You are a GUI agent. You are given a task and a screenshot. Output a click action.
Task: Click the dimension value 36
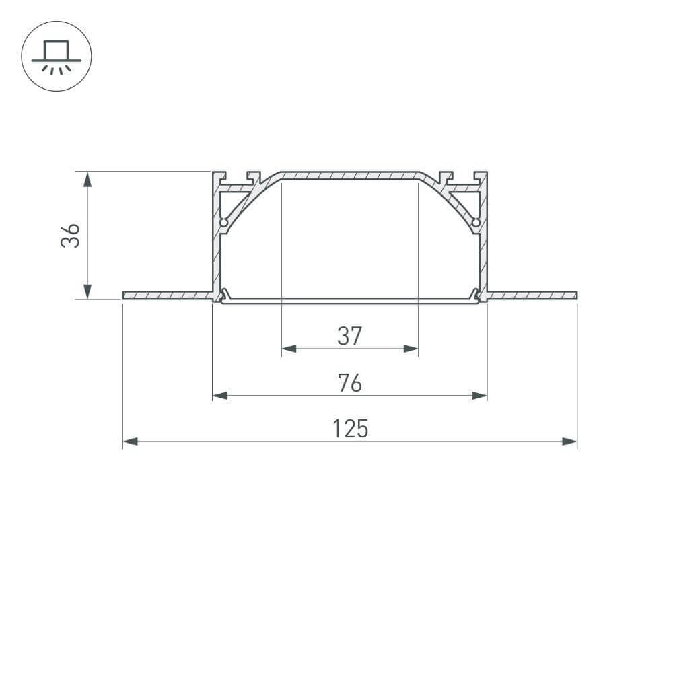[x=71, y=235]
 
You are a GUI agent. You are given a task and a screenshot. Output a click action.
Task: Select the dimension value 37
[x=349, y=335]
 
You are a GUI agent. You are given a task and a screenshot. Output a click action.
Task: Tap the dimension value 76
[x=349, y=382]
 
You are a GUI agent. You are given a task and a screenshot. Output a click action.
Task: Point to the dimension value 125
[x=350, y=429]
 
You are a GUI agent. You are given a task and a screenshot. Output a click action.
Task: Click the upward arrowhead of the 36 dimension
[x=87, y=179]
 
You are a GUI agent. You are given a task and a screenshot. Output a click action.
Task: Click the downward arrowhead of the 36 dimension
[x=87, y=290]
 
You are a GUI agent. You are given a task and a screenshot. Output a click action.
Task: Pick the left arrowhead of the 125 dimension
[x=131, y=441]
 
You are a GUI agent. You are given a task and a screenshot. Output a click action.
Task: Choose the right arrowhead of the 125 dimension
[x=569, y=441]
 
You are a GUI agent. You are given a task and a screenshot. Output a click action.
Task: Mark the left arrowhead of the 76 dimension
[x=220, y=396]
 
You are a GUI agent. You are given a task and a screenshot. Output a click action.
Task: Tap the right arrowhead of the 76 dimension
[x=479, y=396]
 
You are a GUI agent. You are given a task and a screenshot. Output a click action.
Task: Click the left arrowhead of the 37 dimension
[x=289, y=349]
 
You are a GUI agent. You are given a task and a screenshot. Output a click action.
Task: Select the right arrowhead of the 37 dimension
[x=410, y=349]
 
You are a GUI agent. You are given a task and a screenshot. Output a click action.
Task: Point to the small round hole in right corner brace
[x=476, y=222]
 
